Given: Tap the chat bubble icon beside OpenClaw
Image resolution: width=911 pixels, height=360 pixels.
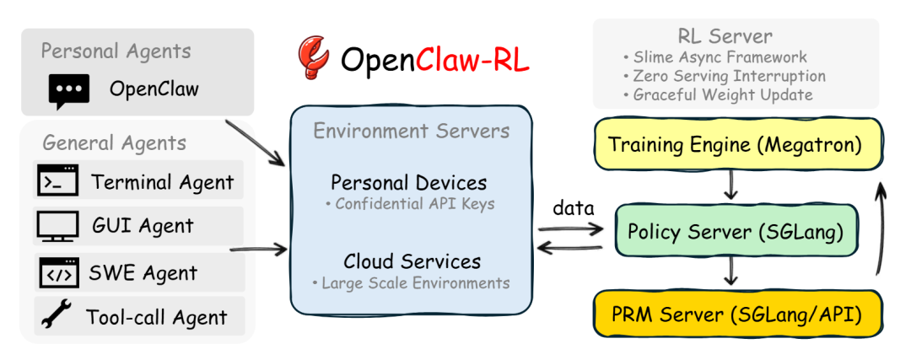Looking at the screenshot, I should coord(68,89).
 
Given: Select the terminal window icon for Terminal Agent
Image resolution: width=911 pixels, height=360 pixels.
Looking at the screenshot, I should coord(57,180).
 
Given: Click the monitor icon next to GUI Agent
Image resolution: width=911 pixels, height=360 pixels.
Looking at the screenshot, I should coord(57,226).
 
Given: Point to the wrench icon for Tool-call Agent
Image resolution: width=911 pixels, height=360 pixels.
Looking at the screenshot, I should coord(56,316).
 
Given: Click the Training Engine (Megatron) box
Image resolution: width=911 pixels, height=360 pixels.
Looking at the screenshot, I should coord(736,144).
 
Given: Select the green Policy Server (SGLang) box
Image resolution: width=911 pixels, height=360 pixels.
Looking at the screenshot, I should coord(731,229).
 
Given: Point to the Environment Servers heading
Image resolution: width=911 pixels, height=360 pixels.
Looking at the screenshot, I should coord(411,131).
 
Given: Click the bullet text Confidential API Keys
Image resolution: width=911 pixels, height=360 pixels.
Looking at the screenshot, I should coord(413,204).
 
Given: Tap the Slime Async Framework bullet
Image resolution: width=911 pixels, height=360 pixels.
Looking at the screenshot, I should coord(719,57).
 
